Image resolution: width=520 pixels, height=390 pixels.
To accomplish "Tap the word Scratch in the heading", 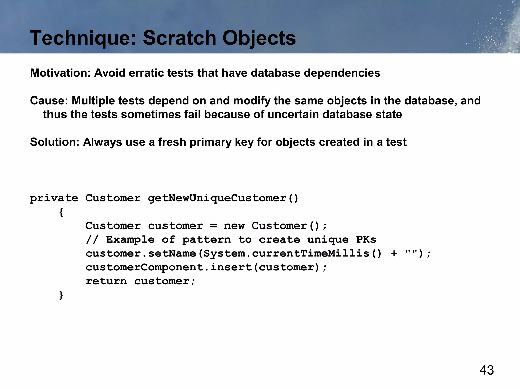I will pyautogui.click(x=179, y=38).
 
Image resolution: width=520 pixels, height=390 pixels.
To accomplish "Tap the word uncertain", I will pyautogui.click(x=293, y=115).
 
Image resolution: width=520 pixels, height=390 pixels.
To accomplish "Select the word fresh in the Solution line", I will pyautogui.click(x=172, y=142).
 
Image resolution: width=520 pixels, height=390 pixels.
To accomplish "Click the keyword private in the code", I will pyautogui.click(x=54, y=198).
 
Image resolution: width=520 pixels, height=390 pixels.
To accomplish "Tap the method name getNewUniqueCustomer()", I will pyautogui.click(x=223, y=198).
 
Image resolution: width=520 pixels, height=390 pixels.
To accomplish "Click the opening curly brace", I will pyautogui.click(x=61, y=212).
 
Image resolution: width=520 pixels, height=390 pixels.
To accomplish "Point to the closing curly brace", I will pyautogui.click(x=61, y=295).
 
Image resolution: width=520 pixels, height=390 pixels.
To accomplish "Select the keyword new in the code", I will pyautogui.click(x=234, y=226).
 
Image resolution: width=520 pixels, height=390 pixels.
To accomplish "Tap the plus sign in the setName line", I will pyautogui.click(x=394, y=254).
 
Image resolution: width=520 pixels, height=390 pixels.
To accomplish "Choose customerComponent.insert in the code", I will pyautogui.click(x=169, y=267).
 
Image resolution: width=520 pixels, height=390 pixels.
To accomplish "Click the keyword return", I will pyautogui.click(x=106, y=281).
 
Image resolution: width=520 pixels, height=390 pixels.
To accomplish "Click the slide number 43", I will pyautogui.click(x=486, y=370).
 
